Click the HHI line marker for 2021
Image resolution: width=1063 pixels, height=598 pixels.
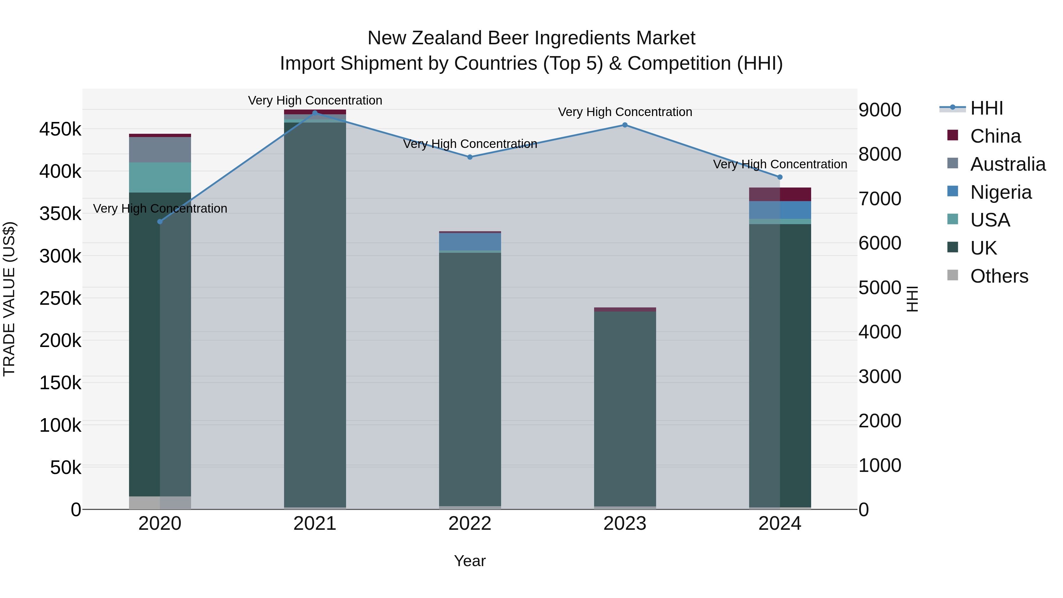[x=315, y=113]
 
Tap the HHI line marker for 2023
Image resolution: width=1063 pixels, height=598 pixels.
[x=625, y=125]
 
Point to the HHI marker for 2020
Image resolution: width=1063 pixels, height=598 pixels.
[x=160, y=221]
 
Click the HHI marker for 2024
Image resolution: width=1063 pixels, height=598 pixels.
[x=780, y=177]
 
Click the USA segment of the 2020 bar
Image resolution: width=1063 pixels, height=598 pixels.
[x=160, y=177]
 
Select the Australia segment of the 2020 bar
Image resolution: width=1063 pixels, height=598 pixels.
[x=160, y=150]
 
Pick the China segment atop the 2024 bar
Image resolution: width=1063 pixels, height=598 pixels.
[x=780, y=194]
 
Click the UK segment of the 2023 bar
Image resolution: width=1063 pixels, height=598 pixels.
[x=625, y=409]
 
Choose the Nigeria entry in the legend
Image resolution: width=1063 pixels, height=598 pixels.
[x=1001, y=192]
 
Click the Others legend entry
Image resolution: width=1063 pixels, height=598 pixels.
[x=999, y=276]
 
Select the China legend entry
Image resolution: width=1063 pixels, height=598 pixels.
[x=995, y=136]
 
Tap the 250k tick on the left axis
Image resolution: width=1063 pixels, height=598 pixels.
[x=60, y=298]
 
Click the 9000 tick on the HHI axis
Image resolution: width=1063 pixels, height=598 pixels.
[x=880, y=110]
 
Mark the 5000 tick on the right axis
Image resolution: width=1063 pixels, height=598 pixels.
[x=880, y=288]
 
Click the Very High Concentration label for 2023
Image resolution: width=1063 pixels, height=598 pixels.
[x=625, y=112]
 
